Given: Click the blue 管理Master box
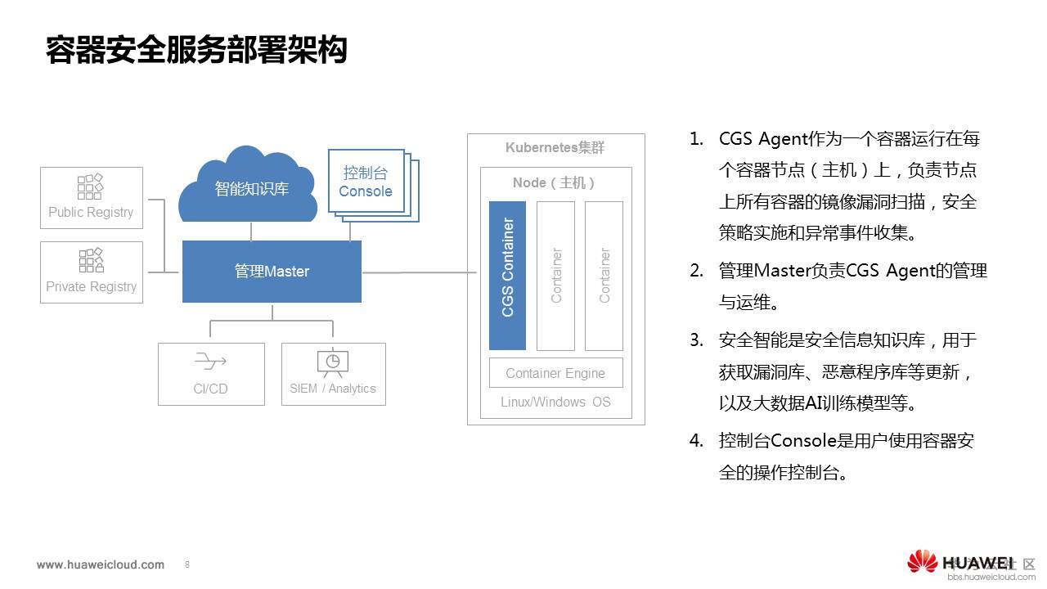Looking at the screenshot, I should point(272,272).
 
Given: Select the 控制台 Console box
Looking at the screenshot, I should point(366,182).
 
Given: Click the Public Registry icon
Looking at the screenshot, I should point(90,187).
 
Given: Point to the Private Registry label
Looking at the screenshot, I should point(91,286).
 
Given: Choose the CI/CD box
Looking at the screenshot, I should point(211,374).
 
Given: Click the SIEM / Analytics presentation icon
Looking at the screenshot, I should point(333,362).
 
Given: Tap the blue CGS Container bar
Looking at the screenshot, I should point(507,275).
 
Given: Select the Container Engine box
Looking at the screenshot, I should point(555,373).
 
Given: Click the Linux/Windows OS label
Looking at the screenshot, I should point(555,402).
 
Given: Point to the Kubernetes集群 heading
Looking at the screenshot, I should point(555,148).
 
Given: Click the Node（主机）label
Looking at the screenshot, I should point(555,182).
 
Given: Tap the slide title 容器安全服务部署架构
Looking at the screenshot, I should point(196,50).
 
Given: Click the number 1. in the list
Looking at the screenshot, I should point(696,138).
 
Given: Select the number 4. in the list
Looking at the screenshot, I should point(696,441).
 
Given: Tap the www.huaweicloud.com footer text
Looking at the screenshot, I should point(101,564).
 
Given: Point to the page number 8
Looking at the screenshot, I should point(187,564).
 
